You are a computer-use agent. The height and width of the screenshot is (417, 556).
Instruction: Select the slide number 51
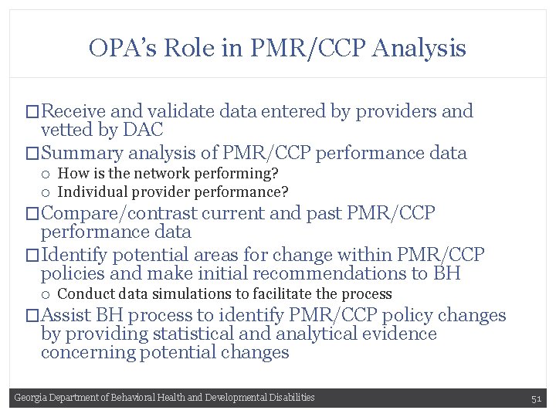[537, 398]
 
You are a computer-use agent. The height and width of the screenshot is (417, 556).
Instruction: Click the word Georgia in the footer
[30, 398]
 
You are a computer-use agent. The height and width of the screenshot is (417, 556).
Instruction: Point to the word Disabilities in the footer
[291, 398]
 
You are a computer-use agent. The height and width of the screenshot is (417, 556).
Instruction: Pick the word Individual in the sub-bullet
[91, 192]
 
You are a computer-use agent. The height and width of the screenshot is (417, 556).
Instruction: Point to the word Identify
[73, 254]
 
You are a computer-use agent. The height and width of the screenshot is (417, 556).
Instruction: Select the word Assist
[66, 315]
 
